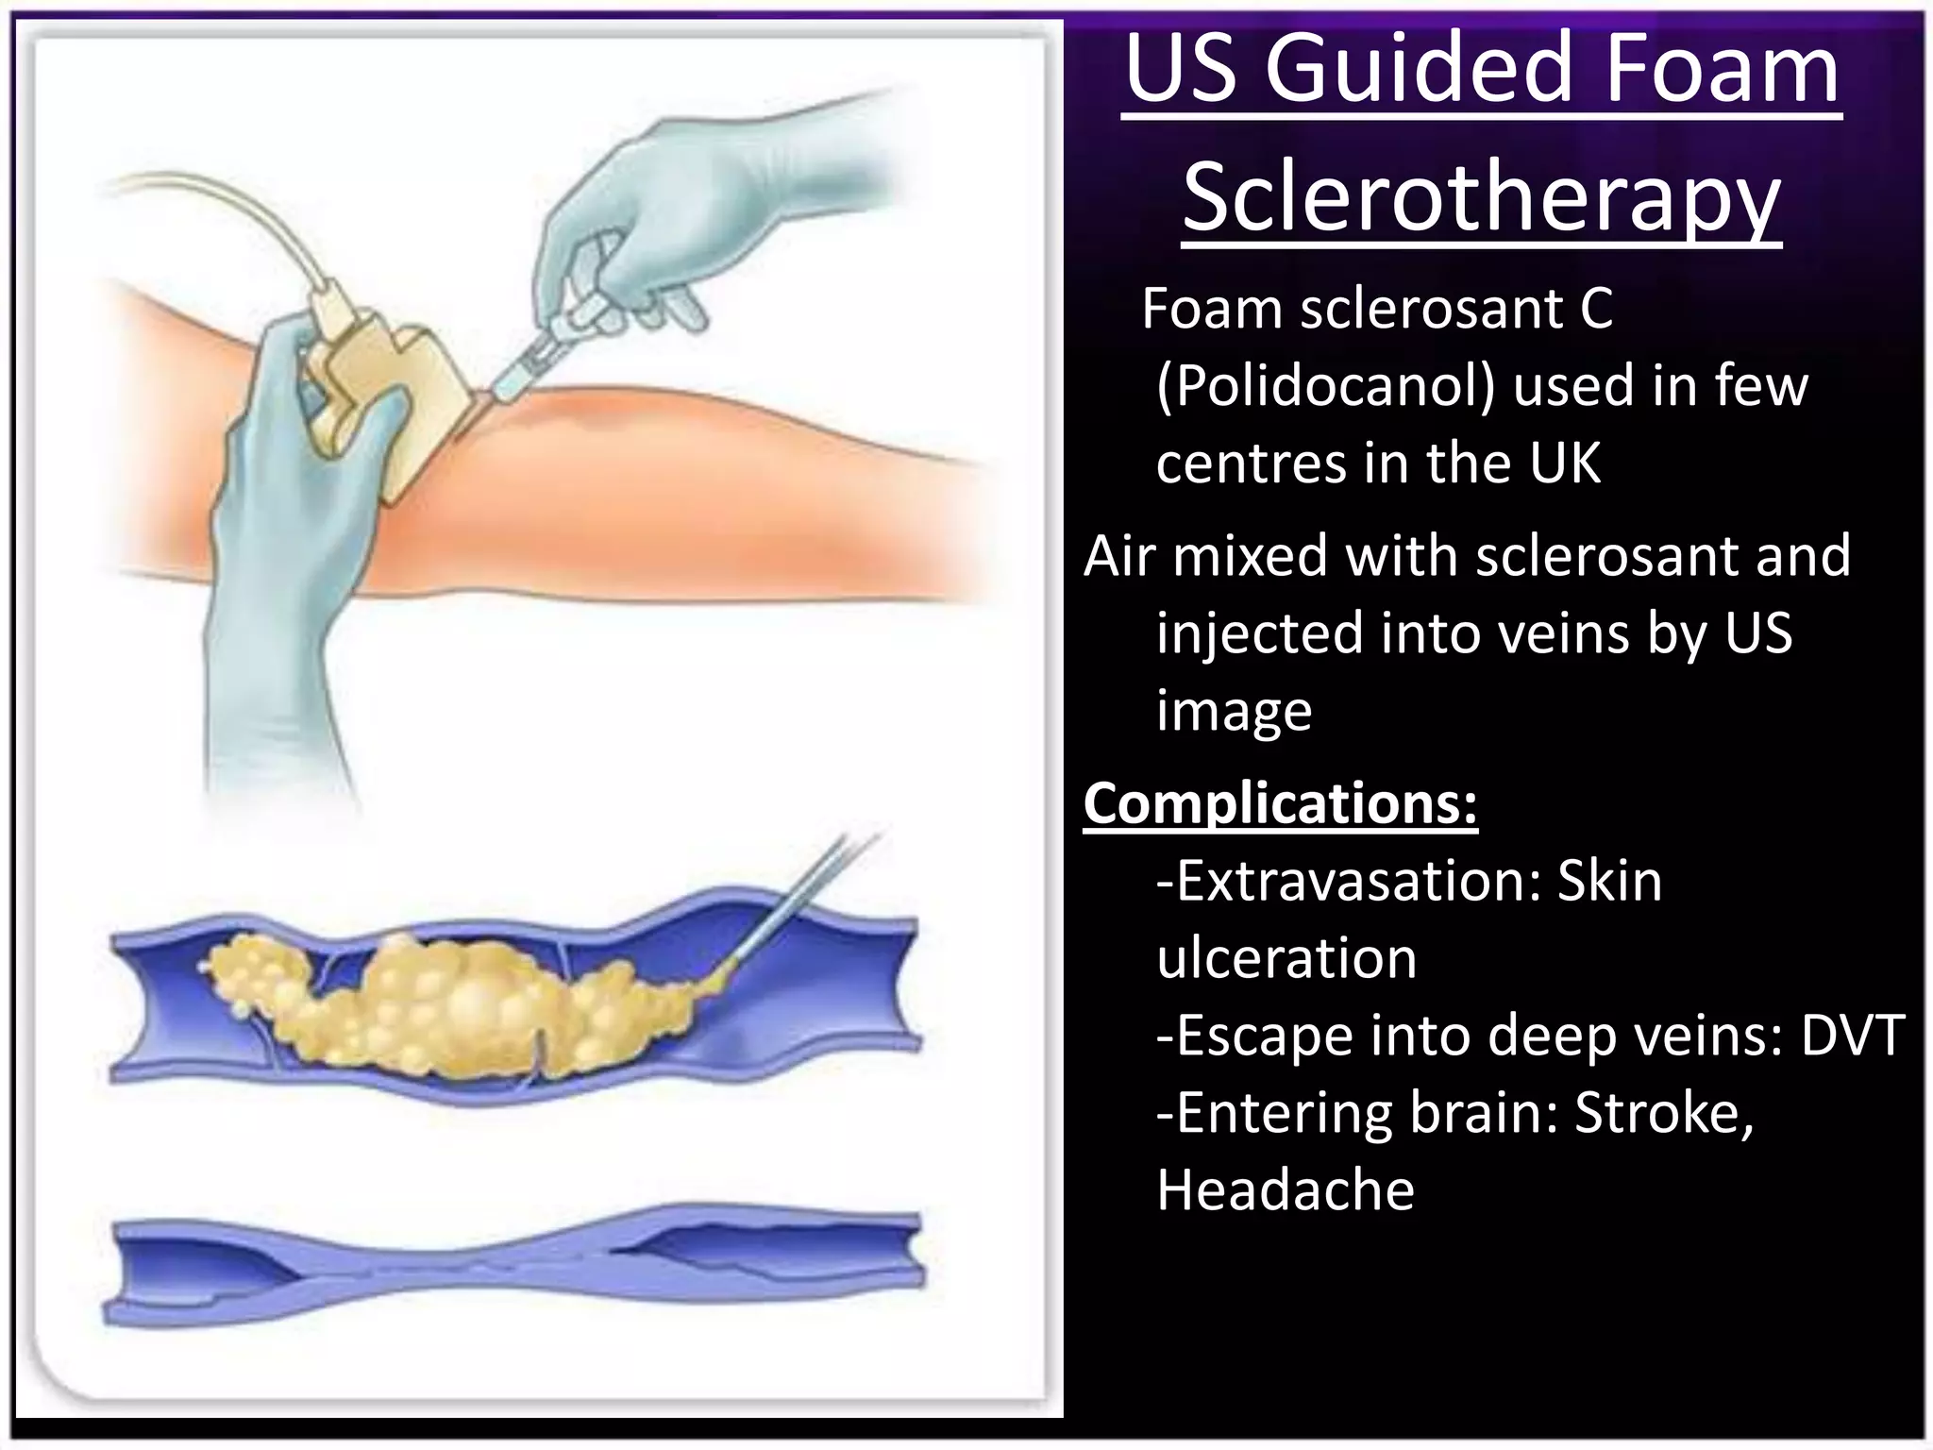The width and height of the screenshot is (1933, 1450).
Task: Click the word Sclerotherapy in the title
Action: [1481, 198]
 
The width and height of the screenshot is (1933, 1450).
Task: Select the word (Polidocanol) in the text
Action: [1325, 386]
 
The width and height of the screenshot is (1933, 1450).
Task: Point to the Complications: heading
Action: [1280, 804]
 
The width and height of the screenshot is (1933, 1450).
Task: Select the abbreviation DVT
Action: [1852, 1036]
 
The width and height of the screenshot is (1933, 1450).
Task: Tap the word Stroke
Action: [1662, 1113]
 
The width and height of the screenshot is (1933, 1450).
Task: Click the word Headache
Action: [1286, 1190]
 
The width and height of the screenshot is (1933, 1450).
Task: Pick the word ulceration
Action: [1286, 959]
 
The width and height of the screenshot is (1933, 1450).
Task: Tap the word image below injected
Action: [1234, 711]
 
